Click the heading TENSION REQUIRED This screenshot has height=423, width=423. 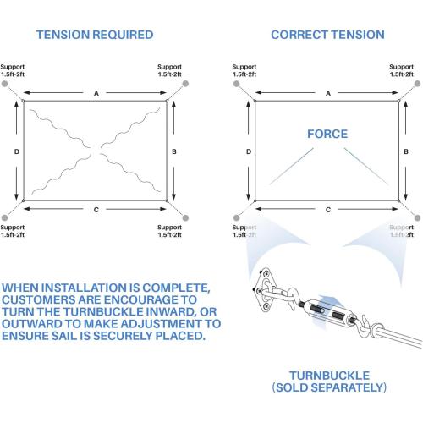tap(95, 35)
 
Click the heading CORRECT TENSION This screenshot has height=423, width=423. tap(327, 35)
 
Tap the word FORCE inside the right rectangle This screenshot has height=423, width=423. tap(327, 134)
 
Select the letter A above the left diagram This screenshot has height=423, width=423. tap(96, 93)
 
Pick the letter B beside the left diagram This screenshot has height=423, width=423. tap(174, 151)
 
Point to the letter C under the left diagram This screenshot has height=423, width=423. tap(96, 210)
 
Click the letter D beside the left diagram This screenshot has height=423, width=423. tap(17, 151)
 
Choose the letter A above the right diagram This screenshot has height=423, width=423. tap(328, 93)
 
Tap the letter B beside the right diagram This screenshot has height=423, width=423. tap(406, 151)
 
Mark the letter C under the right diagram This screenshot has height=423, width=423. tap(328, 210)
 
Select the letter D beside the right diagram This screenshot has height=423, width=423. tap(249, 151)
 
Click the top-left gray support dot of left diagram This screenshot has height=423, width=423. tap(4, 84)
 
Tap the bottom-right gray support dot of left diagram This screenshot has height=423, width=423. tap(185, 217)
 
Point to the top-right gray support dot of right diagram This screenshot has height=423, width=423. tap(417, 84)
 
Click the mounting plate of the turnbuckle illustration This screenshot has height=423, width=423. tap(263, 290)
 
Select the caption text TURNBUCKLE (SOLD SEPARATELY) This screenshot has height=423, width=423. tap(329, 382)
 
